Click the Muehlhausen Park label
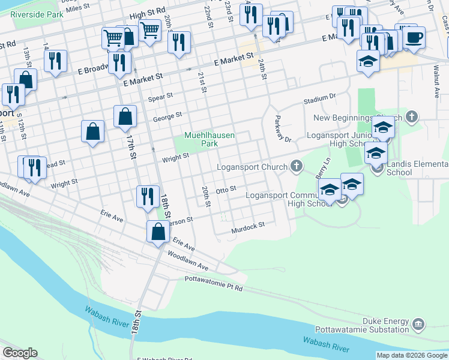pyautogui.click(x=209, y=139)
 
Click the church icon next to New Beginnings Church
pyautogui.click(x=411, y=116)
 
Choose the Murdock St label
pyautogui.click(x=249, y=226)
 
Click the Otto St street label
pyautogui.click(x=227, y=190)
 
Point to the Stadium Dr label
pyautogui.click(x=319, y=97)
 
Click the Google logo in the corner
pyautogui.click(x=19, y=353)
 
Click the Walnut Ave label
pyautogui.click(x=434, y=84)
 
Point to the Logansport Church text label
pyautogui.click(x=252, y=166)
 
